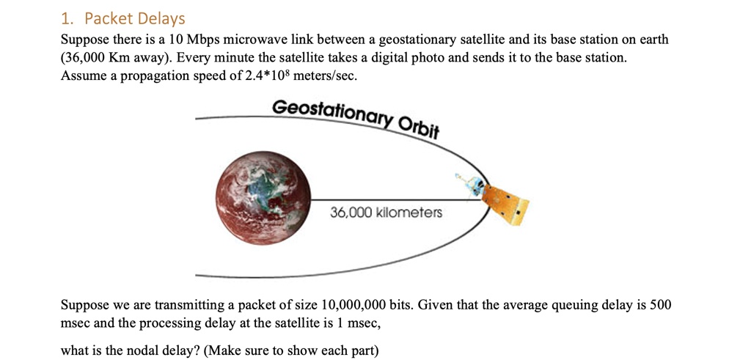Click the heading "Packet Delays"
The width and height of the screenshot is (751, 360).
(135, 18)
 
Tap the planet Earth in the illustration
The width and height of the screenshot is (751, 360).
(263, 198)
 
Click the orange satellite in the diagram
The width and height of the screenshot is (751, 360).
(500, 202)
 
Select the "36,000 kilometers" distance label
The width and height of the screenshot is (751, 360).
(386, 212)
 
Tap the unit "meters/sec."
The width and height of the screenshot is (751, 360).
(325, 76)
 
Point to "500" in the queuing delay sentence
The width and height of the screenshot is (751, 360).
(662, 306)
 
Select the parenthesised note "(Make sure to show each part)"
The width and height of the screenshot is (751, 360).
(291, 351)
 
